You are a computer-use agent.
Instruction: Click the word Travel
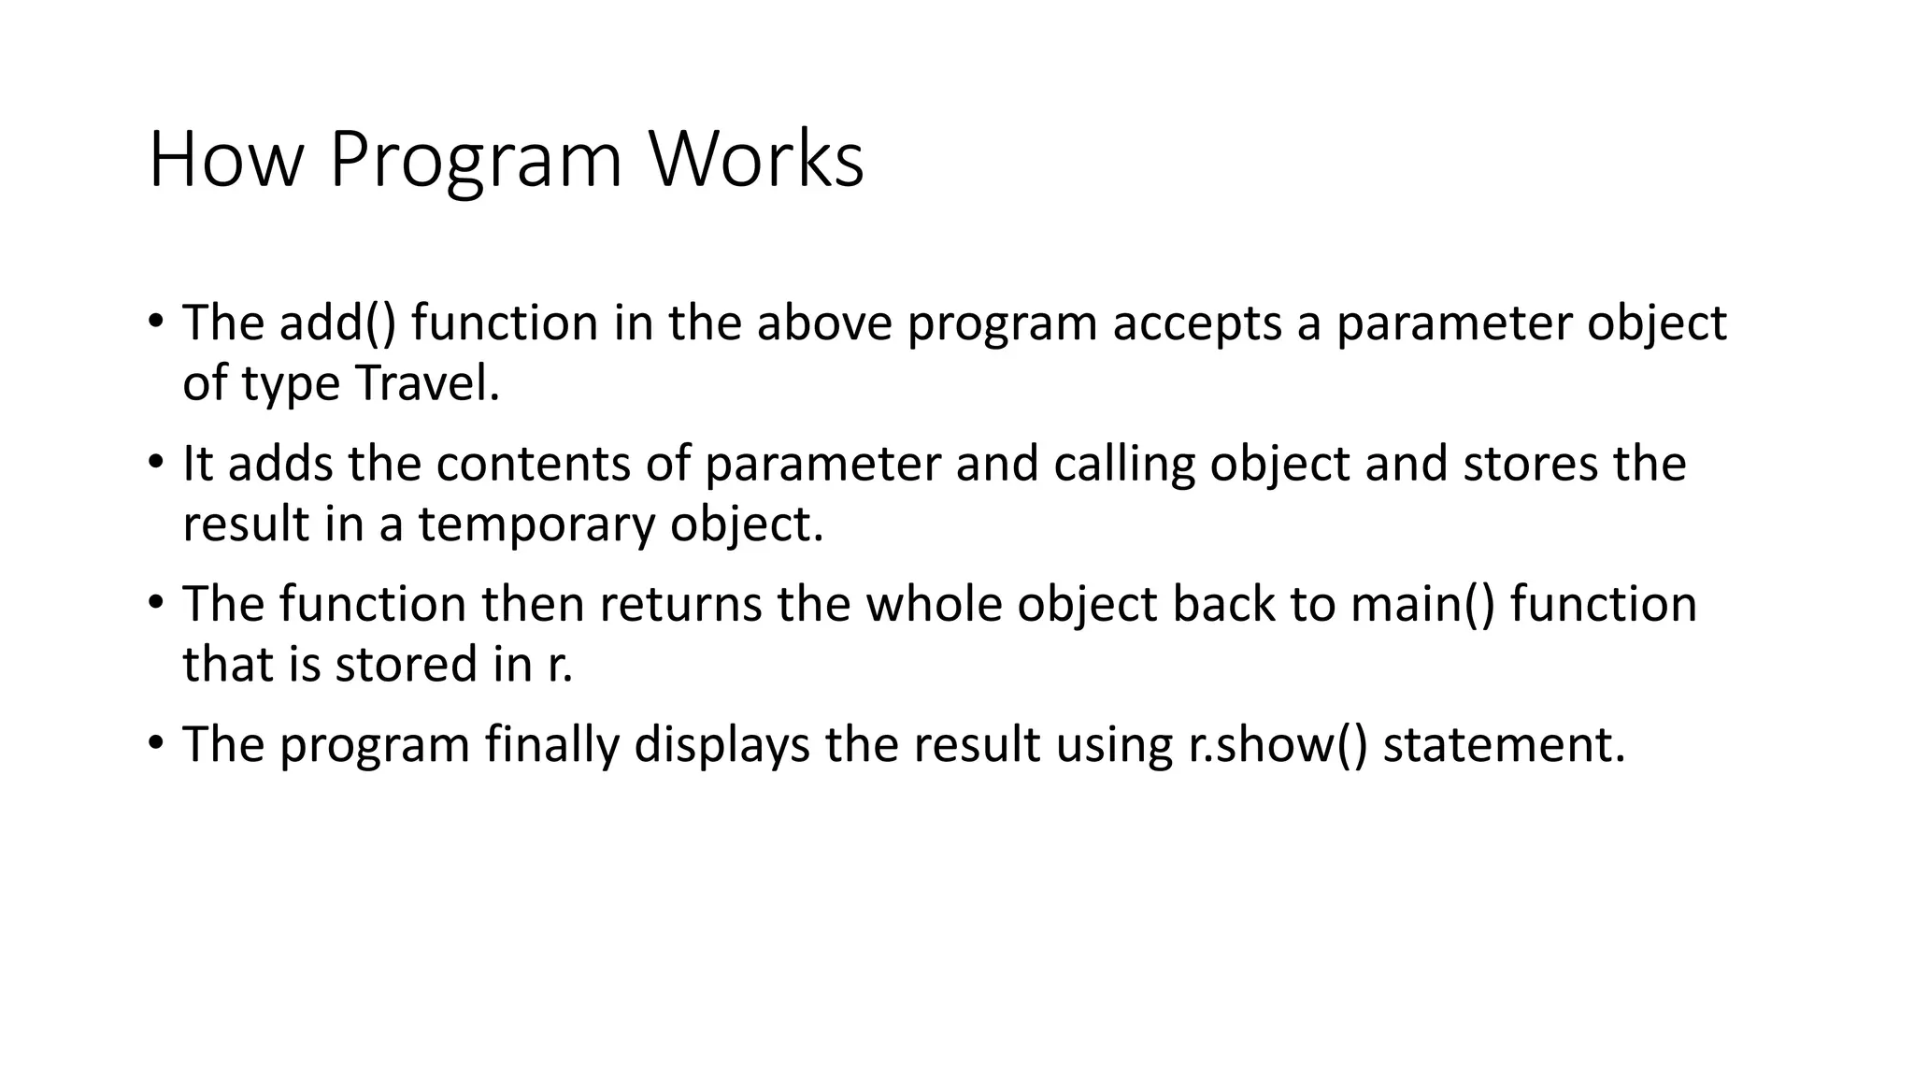427,382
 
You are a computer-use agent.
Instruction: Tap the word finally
552,745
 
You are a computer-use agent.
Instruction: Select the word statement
1504,745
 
